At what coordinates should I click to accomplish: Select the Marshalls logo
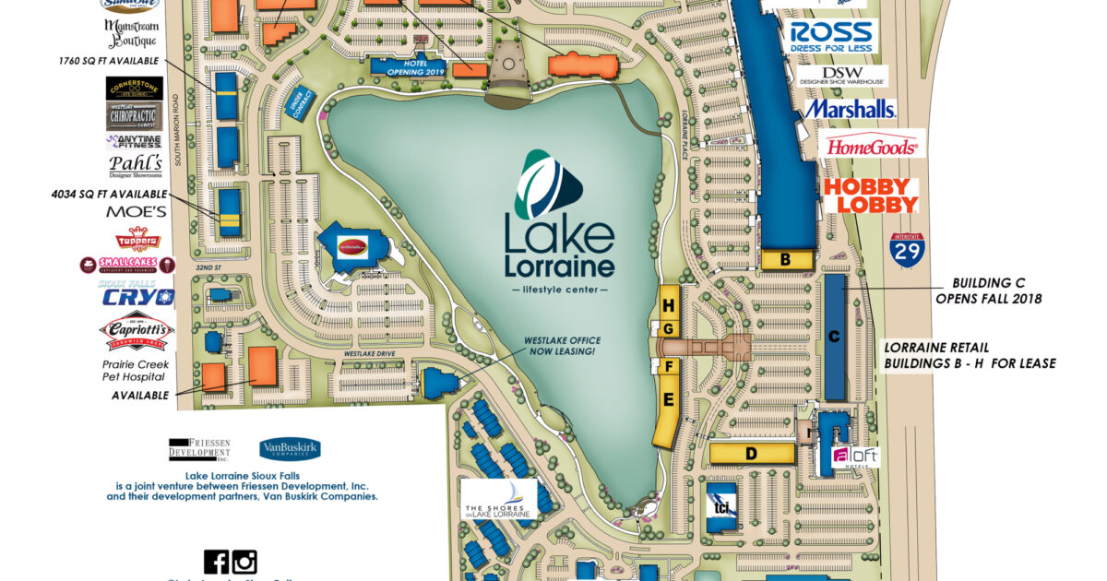point(850,109)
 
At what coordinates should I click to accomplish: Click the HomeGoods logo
point(872,145)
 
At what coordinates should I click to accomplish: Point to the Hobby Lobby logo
point(871,196)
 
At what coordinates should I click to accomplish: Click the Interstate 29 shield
point(907,250)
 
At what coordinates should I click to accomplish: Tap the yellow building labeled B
point(785,260)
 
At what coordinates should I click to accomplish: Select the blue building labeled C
point(834,337)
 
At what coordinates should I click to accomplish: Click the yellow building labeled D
point(752,453)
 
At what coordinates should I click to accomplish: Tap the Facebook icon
point(216,562)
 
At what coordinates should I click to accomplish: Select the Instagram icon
point(244,562)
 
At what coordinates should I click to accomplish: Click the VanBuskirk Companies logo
point(290,449)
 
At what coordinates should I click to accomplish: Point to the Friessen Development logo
point(198,449)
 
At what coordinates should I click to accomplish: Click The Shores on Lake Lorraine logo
point(498,499)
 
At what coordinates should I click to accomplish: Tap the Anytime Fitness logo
point(134,142)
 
